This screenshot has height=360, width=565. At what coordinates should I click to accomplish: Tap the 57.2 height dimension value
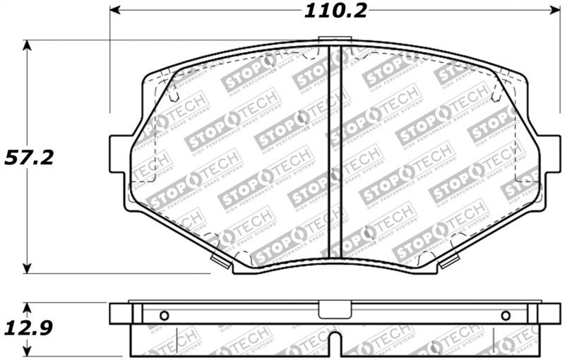29,157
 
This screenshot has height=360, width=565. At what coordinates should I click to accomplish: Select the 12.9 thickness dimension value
29,328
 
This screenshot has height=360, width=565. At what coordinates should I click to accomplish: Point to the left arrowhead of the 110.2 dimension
115,11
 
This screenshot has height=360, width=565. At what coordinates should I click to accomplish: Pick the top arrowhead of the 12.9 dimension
28,308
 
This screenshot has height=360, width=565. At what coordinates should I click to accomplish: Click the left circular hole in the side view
165,315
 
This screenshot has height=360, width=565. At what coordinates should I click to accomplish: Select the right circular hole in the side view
505,315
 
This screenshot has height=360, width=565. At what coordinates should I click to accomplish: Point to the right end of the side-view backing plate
545,315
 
